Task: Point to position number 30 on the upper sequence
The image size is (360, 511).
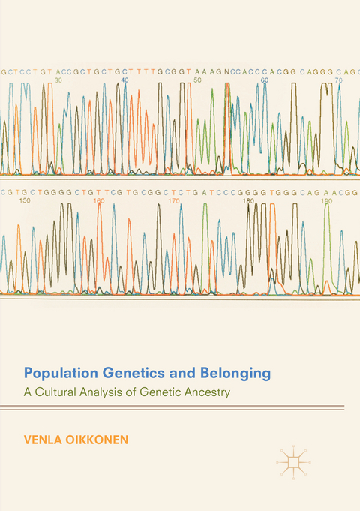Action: (x=58, y=79)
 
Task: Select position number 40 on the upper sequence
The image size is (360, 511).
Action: (x=124, y=79)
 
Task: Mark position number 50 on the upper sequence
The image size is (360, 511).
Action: (x=197, y=79)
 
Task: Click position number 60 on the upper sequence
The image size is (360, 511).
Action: (x=264, y=79)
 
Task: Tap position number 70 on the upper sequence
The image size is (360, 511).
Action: (x=338, y=79)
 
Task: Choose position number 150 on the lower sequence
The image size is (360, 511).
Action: (x=25, y=200)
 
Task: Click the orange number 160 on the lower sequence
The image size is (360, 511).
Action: (x=98, y=200)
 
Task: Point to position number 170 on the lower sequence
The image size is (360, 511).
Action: (x=174, y=200)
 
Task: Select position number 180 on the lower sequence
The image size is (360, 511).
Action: (x=249, y=200)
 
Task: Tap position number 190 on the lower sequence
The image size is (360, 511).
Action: (x=326, y=200)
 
